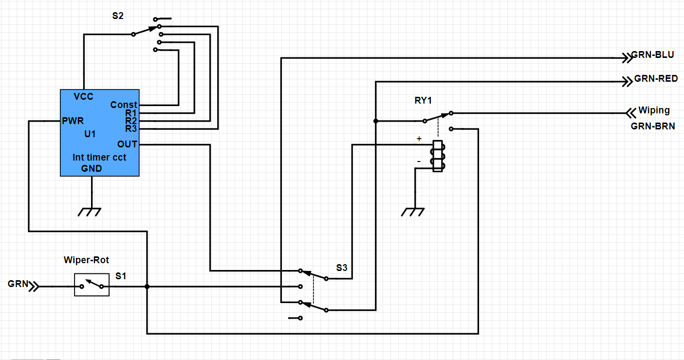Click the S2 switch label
click(118, 16)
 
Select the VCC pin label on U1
click(83, 96)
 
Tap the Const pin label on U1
click(124, 105)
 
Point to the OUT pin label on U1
click(127, 144)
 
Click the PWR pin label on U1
click(73, 121)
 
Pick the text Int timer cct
click(99, 157)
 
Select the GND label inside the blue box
click(92, 168)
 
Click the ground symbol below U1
click(90, 212)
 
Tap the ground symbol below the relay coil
click(412, 212)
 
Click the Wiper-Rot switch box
click(92, 285)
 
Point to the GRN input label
click(18, 284)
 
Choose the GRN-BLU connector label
click(652, 54)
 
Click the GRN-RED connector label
click(656, 78)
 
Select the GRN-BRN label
click(653, 126)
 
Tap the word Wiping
click(654, 110)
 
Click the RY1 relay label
click(423, 100)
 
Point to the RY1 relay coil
click(438, 156)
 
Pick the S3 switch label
click(342, 268)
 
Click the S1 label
click(121, 276)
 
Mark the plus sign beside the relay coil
click(419, 139)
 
